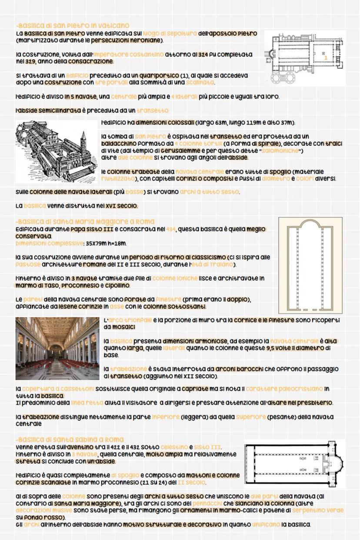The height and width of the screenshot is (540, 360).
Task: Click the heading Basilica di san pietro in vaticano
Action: (72, 26)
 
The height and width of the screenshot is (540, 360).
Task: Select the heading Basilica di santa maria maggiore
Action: (85, 221)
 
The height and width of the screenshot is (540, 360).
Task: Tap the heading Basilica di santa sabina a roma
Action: (70, 439)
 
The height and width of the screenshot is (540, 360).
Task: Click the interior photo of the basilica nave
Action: (57, 348)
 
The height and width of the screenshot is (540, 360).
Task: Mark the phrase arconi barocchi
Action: (237, 369)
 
